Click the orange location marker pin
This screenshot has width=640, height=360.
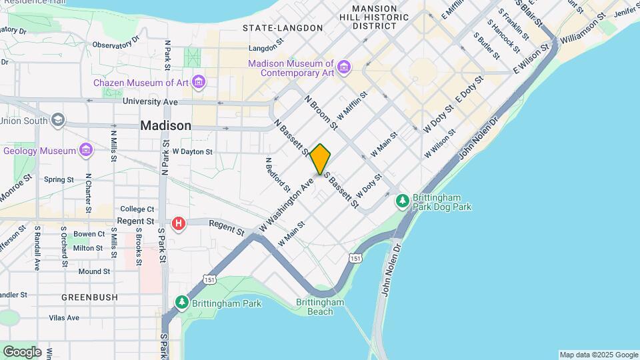321,159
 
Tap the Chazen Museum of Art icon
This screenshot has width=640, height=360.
198,83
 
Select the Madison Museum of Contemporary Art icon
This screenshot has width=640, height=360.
343,67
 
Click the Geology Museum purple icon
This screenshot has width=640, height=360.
85,151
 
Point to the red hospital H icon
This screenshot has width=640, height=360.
179,224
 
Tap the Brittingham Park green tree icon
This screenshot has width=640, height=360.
182,303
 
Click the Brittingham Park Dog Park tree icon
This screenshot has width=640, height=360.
402,200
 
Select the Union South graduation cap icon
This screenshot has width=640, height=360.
58,121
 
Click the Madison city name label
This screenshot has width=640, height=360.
165,126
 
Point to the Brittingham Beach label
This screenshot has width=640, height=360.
320,307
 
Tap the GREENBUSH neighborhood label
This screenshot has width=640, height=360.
89,297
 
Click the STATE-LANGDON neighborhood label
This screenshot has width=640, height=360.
283,28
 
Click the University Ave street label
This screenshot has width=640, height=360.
150,102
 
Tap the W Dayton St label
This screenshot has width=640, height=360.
192,151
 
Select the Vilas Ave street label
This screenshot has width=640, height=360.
64,318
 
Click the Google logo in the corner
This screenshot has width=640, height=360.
21,351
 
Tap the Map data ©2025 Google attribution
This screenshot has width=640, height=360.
598,355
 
